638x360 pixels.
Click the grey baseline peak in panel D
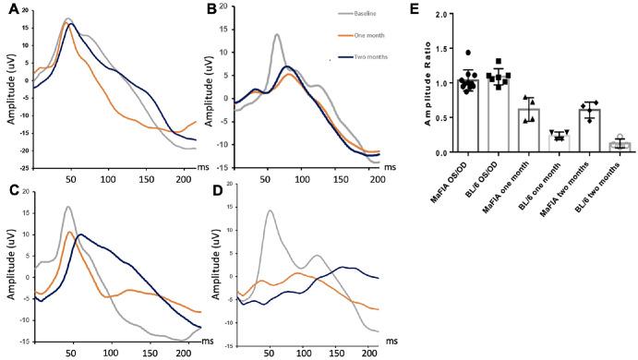coord(269,211)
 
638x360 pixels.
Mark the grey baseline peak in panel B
coord(277,35)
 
